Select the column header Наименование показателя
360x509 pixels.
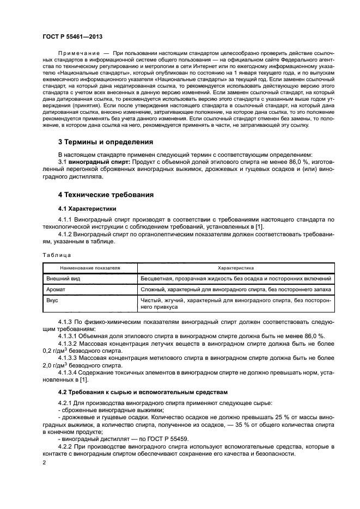[90, 268]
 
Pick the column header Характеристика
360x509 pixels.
[236, 268]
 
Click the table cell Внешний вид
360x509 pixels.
[62, 279]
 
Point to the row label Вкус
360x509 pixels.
[52, 299]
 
